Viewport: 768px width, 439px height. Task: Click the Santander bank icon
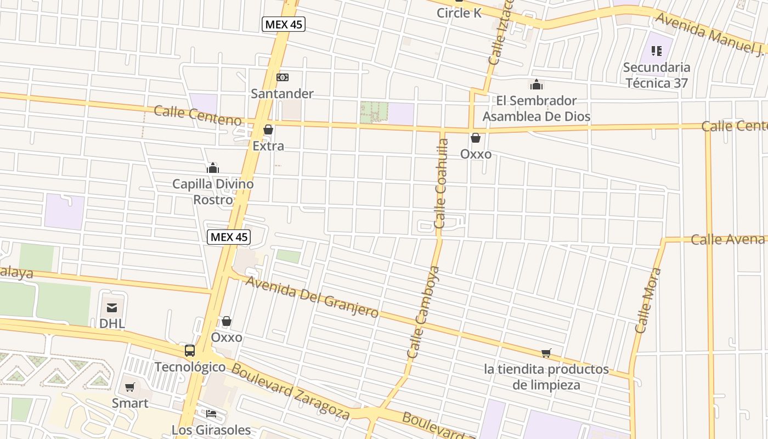283,77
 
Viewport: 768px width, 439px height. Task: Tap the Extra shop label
268,146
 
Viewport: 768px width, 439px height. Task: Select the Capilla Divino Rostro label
213,192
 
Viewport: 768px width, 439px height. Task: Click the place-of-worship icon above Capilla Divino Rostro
213,168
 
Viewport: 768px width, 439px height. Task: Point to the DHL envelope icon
112,308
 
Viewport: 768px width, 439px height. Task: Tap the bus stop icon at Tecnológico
190,350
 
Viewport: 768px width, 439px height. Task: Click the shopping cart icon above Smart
130,387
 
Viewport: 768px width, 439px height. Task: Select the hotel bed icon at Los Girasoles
211,413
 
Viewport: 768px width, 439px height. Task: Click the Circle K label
459,13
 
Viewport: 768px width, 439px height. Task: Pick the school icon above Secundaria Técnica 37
657,51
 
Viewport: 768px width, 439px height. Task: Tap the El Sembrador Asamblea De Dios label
537,109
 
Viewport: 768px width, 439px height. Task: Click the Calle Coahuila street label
442,183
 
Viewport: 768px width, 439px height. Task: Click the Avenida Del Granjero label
312,297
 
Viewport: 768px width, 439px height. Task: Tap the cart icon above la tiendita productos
546,353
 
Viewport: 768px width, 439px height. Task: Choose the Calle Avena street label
727,239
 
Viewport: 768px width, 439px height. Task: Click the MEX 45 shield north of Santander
283,24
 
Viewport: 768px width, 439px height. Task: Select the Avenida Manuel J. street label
710,34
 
